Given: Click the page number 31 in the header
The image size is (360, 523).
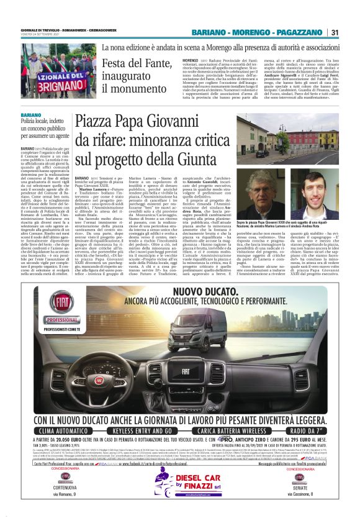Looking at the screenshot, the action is [334, 32].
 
